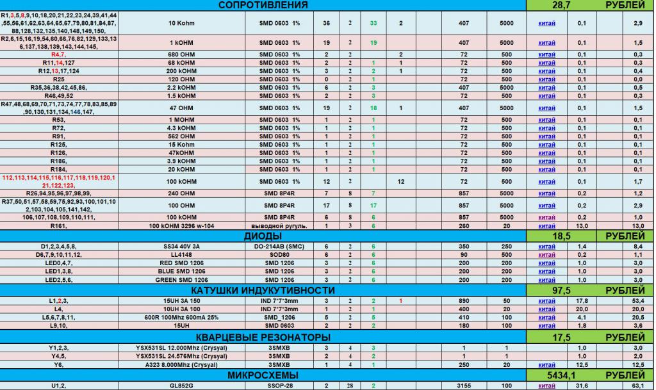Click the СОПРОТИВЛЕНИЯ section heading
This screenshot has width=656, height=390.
coord(263,5)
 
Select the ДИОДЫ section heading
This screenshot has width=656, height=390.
coord(263,236)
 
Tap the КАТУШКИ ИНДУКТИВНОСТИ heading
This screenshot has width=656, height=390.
coord(263,291)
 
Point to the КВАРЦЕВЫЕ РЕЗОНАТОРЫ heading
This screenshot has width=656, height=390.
coord(263,337)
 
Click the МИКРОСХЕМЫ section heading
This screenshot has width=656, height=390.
coord(263,375)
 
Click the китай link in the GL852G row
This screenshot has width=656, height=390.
coord(546,386)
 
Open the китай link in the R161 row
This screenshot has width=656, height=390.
coord(546,226)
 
